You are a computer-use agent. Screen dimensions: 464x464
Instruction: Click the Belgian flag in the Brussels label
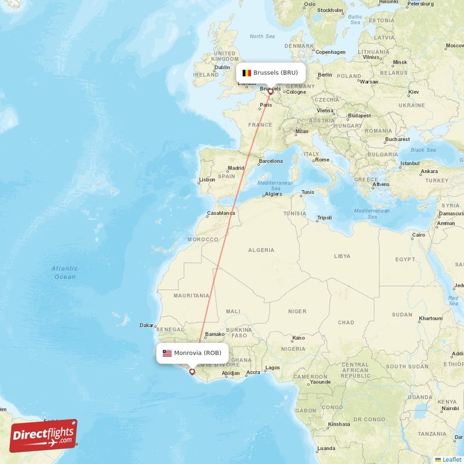[x=246, y=73]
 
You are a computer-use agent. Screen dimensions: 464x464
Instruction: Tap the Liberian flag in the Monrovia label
[x=167, y=353]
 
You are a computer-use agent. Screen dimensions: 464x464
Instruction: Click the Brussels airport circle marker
[x=270, y=91]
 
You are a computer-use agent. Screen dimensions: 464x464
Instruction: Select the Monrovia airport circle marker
[x=192, y=372]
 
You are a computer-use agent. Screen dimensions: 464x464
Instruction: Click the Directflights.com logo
[x=43, y=436]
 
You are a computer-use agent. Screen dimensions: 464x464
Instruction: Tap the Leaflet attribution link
[x=452, y=459]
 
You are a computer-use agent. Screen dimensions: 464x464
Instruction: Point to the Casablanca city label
[x=221, y=213]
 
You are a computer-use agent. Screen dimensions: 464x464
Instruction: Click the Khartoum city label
[x=430, y=318]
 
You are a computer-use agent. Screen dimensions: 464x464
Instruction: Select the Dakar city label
[x=146, y=325]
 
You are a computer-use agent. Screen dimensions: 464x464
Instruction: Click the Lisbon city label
[x=207, y=180]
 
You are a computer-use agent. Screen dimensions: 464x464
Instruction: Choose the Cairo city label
[x=418, y=235]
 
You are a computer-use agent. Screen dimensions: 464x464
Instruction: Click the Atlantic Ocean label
[x=64, y=273]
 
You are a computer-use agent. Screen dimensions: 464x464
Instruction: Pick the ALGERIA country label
[x=261, y=250]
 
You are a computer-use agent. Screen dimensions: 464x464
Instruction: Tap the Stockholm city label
[x=330, y=10]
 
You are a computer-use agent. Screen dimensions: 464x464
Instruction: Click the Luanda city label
[x=326, y=448]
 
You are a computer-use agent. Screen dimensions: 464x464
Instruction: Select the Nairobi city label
[x=449, y=408]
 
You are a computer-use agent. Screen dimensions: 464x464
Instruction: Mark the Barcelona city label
[x=271, y=161]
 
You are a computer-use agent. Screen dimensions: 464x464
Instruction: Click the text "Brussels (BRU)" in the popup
[x=275, y=73]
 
